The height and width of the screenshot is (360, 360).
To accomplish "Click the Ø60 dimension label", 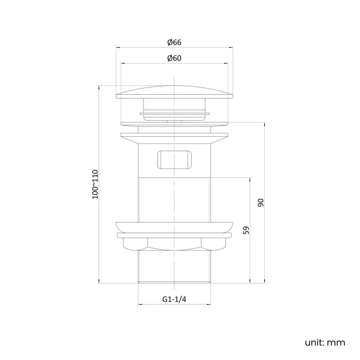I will (174, 58).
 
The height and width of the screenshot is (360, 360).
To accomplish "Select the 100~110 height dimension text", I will (95, 183).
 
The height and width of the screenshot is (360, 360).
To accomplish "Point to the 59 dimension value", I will (246, 229).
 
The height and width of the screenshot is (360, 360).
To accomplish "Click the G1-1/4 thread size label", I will (174, 299).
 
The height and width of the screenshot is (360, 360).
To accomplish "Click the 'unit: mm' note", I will (325, 342).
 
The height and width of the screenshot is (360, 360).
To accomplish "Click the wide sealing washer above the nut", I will (174, 227).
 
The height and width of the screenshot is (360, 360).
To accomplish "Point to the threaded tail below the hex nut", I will (174, 266).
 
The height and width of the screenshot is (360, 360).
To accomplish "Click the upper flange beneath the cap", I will (174, 134).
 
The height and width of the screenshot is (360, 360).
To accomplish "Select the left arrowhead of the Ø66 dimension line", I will (117, 48).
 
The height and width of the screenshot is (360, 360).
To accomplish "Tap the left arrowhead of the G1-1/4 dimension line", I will (140, 305).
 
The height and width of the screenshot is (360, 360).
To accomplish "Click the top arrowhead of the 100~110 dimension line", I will (100, 86).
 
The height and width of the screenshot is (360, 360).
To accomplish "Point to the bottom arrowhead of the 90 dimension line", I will (265, 281).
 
